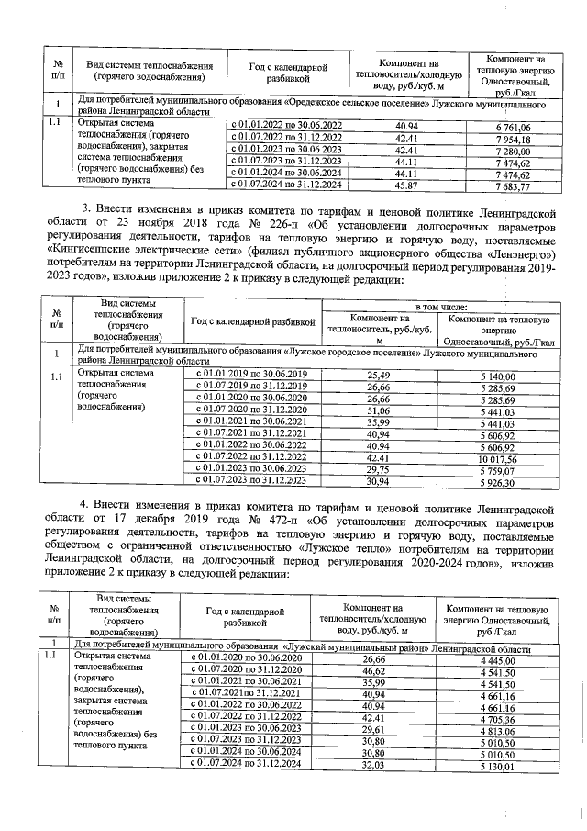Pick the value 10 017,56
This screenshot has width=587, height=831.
[498, 458]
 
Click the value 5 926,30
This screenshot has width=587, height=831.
[498, 482]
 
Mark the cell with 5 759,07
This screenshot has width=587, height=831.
[498, 470]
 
